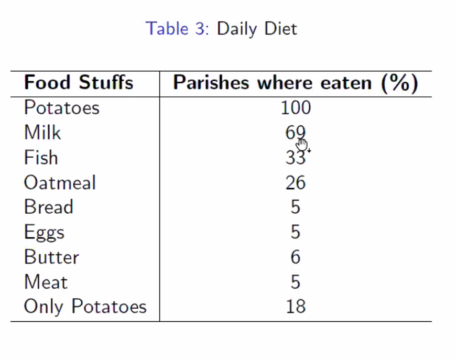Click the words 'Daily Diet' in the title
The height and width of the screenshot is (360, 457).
pos(257,28)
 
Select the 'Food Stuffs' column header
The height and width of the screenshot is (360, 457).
pos(79,83)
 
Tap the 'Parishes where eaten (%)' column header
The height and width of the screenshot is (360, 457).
pos(296,83)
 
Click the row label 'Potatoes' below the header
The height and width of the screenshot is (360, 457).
pos(61,108)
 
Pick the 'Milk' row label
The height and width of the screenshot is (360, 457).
pos(42,133)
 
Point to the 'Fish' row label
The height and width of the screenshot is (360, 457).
pos(41,158)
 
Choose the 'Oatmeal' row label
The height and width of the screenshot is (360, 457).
pos(60,183)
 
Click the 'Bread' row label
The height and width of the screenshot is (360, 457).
pos(48,207)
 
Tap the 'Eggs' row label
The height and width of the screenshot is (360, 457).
pos(44,232)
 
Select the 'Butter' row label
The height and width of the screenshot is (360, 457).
pos(51,257)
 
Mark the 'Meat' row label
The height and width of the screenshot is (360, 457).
pos(46,282)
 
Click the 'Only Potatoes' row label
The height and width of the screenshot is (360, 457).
pos(85,307)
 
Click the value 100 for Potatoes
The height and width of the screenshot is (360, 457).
pos(296,108)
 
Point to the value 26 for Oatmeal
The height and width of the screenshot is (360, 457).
pos(296,183)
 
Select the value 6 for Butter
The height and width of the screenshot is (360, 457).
pos(296,257)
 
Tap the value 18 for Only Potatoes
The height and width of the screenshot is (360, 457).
pos(296,307)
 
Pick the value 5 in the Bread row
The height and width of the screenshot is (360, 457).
pos(296,207)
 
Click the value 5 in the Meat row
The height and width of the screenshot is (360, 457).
pos(296,282)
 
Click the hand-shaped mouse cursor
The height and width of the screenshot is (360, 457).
pos(302,145)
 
